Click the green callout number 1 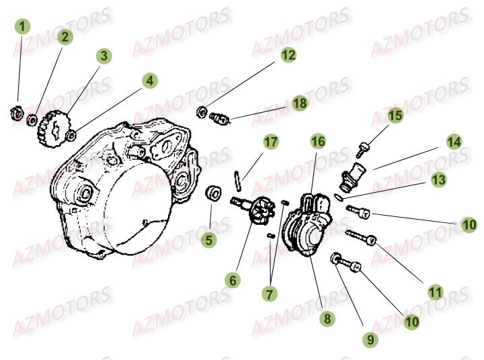pyautogui.click(x=24, y=27)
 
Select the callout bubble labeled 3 pyautogui.click(x=103, y=56)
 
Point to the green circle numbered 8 pyautogui.click(x=327, y=319)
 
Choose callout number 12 pyautogui.click(x=288, y=56)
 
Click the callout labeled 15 pyautogui.click(x=395, y=116)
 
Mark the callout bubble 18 pyautogui.click(x=300, y=103)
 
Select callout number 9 pyautogui.click(x=369, y=341)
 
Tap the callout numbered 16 pyautogui.click(x=318, y=141)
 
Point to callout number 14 pyautogui.click(x=454, y=142)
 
